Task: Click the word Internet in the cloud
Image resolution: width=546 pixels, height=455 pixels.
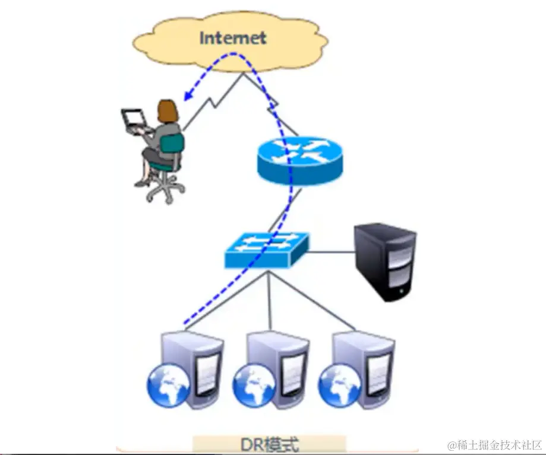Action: click(232, 38)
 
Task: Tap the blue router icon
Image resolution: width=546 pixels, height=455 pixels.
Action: click(300, 159)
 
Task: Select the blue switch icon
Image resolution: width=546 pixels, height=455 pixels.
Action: click(267, 250)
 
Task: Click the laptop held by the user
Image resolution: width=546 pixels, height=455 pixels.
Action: click(134, 120)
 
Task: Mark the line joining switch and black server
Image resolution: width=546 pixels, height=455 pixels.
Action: click(330, 252)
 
